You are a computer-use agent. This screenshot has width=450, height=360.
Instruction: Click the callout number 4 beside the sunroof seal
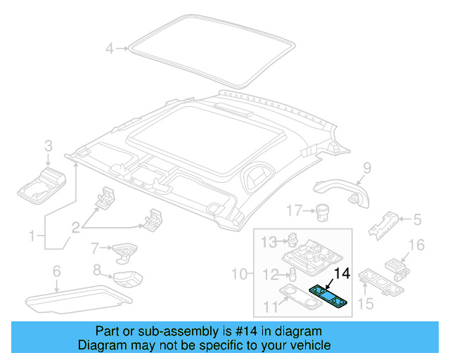coord(110,49)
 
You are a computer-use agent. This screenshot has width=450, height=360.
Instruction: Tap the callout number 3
coord(49,146)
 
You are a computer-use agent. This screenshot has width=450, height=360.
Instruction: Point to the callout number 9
coord(366,167)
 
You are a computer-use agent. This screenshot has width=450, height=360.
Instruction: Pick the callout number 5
coord(417,220)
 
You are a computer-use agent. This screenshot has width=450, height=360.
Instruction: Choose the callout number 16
coord(417,245)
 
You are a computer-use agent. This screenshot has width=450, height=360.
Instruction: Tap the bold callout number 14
coord(342,274)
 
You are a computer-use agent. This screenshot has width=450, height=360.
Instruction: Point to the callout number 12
coord(269,274)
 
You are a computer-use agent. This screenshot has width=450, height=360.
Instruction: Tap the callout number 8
coord(98,269)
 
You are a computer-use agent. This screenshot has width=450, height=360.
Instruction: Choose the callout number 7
coord(94,247)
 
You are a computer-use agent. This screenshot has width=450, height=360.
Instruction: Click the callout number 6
coord(57,271)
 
